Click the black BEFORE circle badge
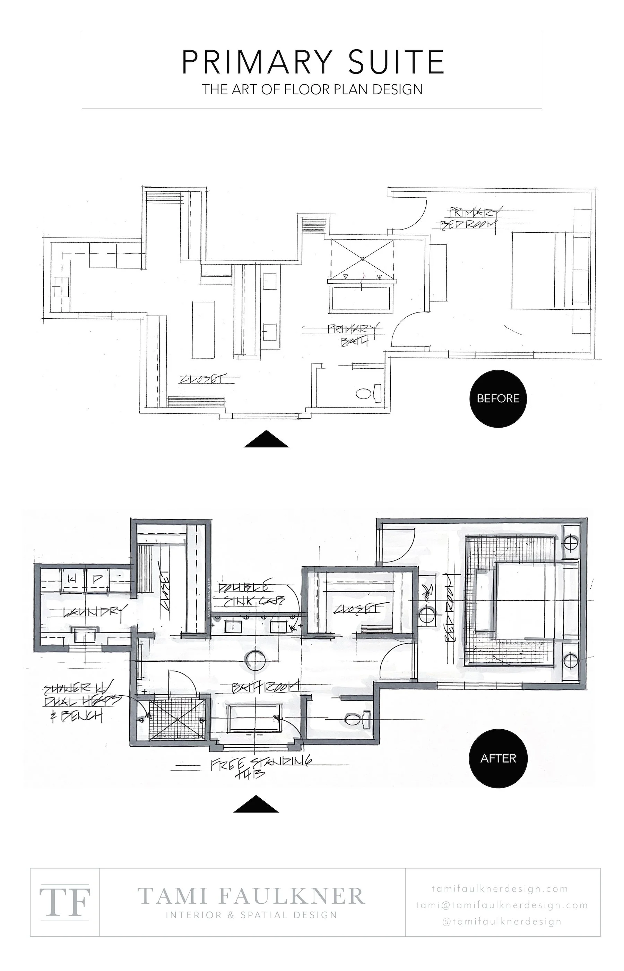pyautogui.click(x=498, y=398)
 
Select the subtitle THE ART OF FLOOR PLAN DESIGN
pyautogui.click(x=312, y=89)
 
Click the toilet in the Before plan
pyautogui.click(x=363, y=393)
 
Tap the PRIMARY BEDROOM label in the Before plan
pyautogui.click(x=470, y=218)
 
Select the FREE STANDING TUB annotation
pyautogui.click(x=259, y=766)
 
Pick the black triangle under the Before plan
pyautogui.click(x=266, y=439)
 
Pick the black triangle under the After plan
pyautogui.click(x=256, y=804)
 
